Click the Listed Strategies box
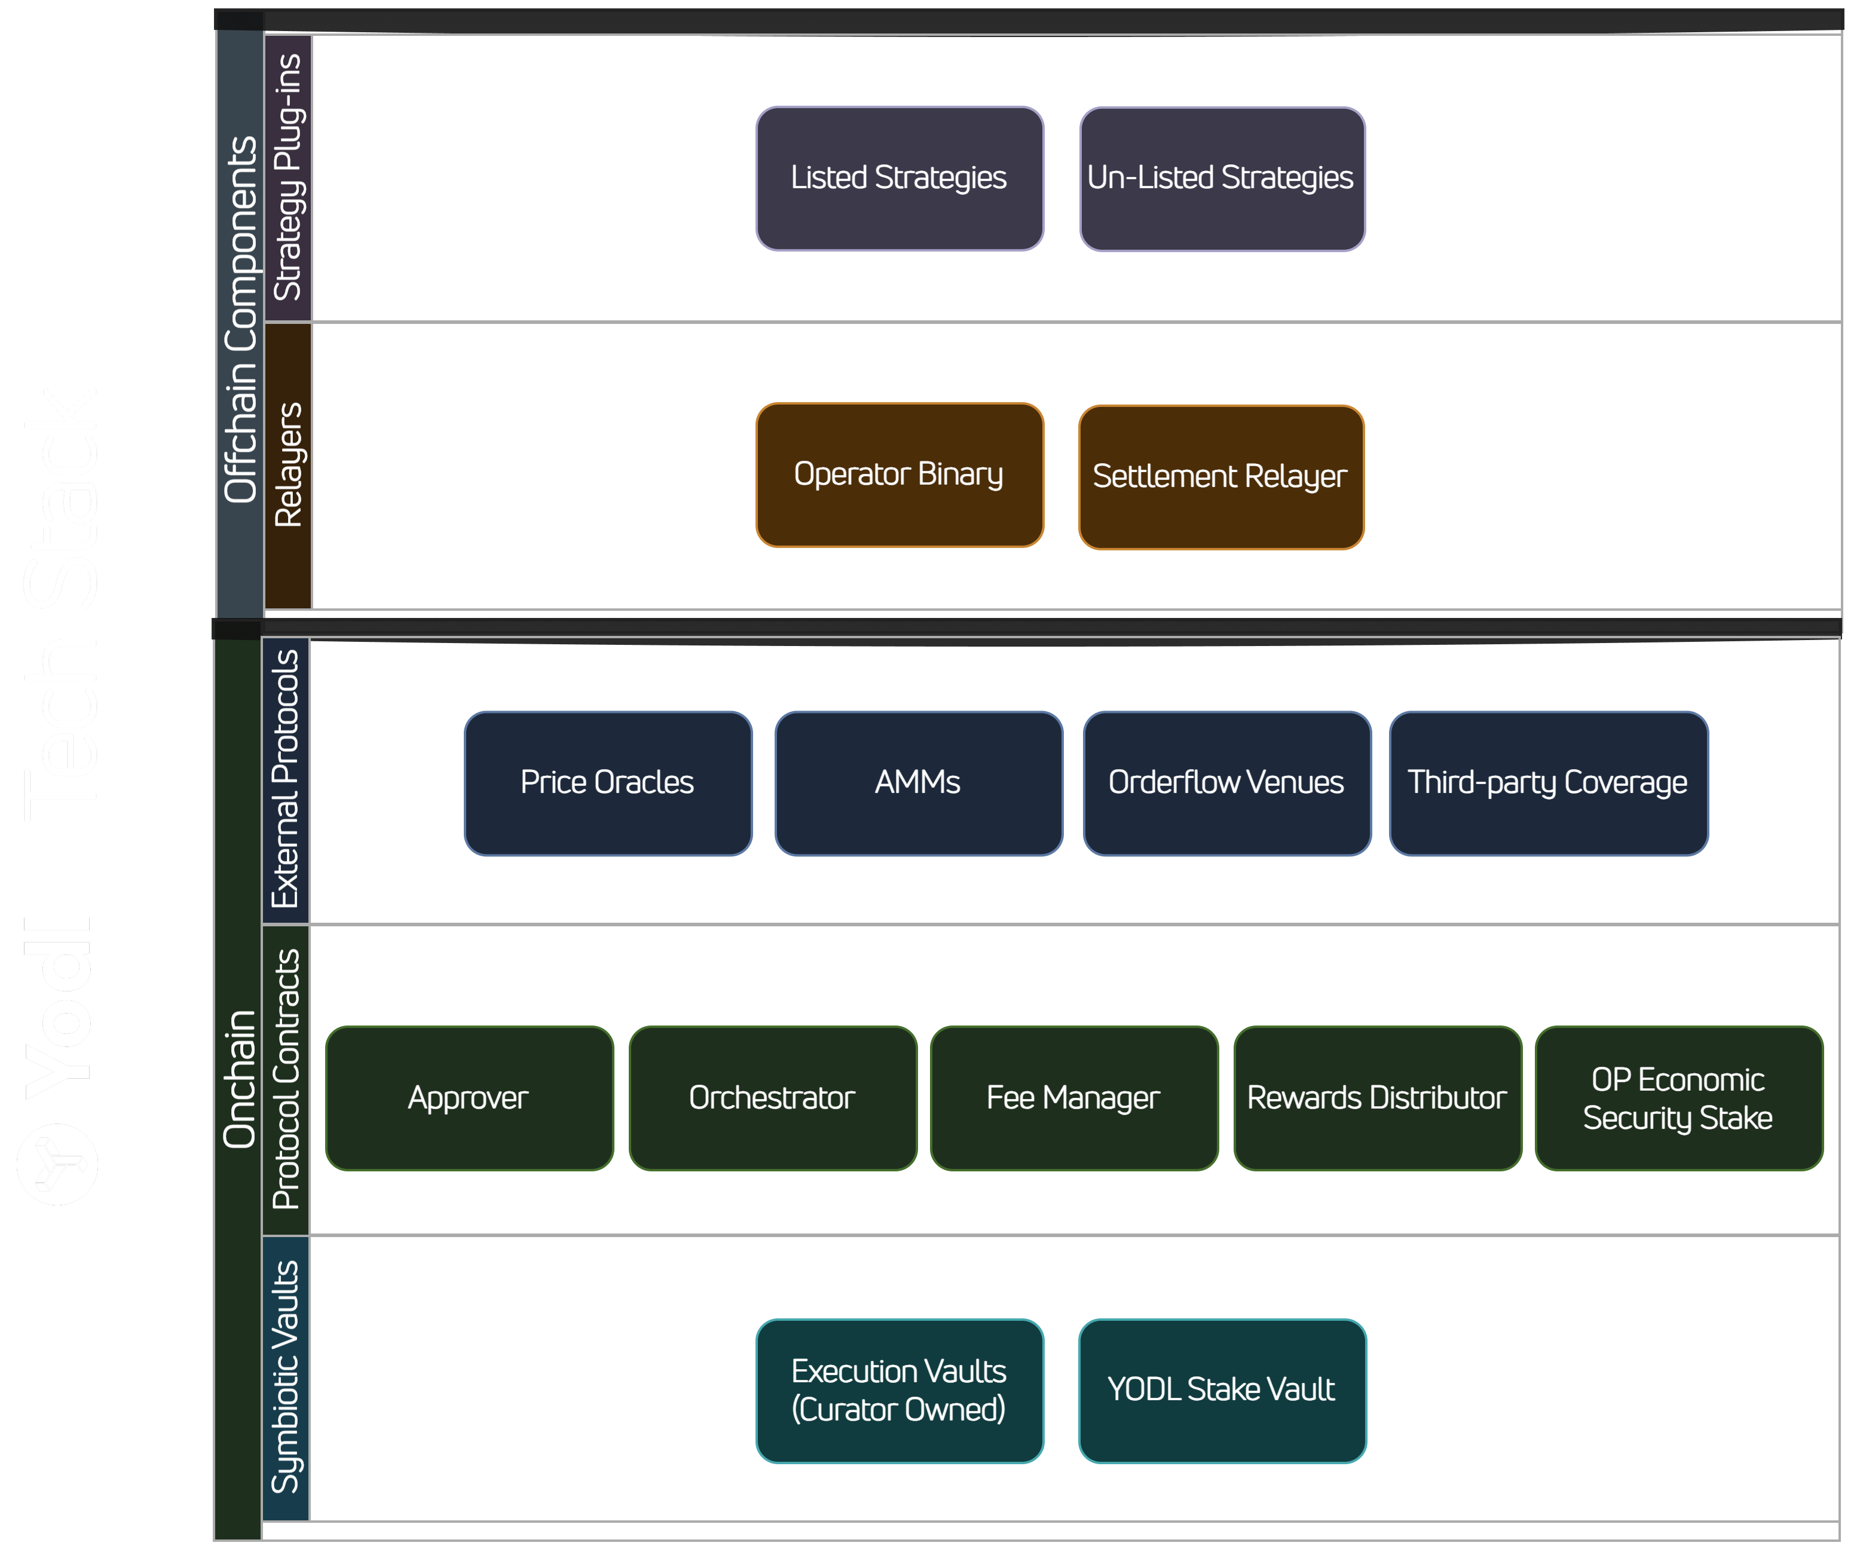[899, 178]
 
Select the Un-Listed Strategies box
[1222, 178]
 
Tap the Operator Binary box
[899, 475]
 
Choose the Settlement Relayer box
[1220, 476]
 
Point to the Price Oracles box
[608, 783]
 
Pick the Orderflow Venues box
[1226, 783]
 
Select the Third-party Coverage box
[1547, 783]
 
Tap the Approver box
[469, 1098]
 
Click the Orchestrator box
[772, 1098]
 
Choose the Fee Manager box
[1073, 1098]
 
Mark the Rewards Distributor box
[1377, 1098]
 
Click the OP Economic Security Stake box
[1678, 1098]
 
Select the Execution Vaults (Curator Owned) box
[899, 1390]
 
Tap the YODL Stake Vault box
[1222, 1390]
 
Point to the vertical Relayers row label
[289, 465]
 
